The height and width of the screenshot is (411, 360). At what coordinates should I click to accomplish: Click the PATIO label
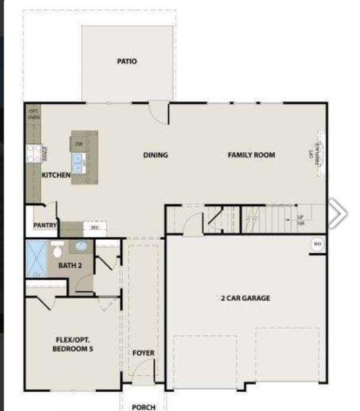127,62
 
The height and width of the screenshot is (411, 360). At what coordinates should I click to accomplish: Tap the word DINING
155,155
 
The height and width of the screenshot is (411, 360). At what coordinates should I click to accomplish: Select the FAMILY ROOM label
251,155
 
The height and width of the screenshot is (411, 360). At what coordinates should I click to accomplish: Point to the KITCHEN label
56,175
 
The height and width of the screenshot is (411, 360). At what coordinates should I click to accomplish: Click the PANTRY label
45,225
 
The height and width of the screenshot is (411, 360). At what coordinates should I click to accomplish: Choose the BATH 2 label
69,265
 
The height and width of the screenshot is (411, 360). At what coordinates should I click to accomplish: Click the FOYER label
144,353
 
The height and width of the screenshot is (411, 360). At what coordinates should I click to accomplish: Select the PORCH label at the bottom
144,407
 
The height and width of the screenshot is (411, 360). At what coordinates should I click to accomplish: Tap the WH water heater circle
317,244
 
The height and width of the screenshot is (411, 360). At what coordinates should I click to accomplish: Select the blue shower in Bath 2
36,258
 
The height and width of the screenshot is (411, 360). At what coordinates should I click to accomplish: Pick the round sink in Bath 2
81,245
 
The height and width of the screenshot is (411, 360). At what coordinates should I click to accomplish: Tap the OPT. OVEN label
34,114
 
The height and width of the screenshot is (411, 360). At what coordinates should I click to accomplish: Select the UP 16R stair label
300,221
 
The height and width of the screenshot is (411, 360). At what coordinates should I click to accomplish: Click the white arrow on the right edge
337,214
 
